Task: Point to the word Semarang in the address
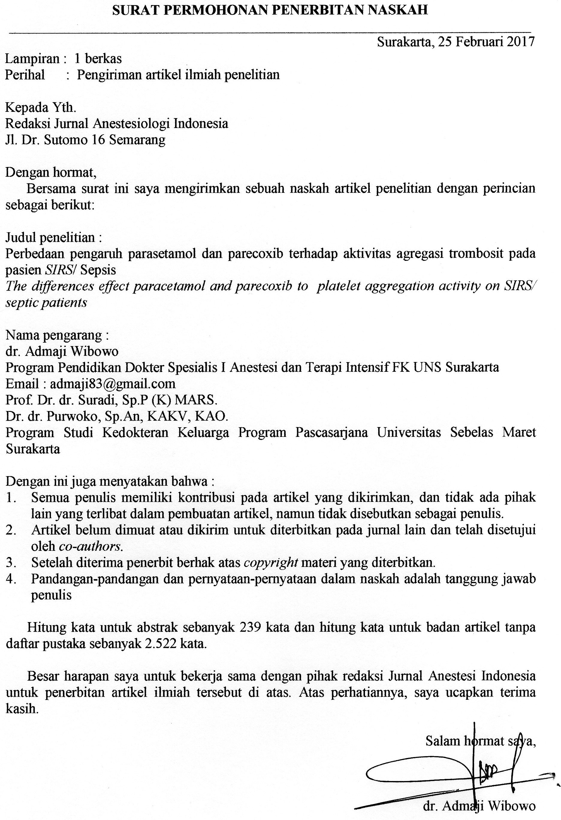point(138,140)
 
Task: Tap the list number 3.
point(10,563)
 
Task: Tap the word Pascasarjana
point(331,433)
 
